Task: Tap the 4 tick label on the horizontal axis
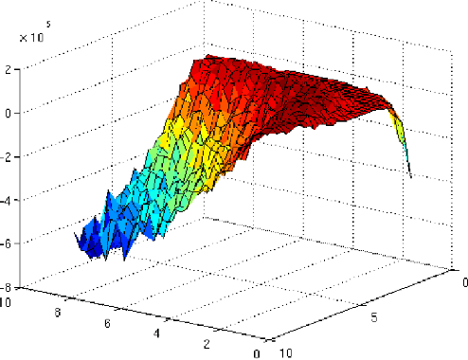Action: pos(156,335)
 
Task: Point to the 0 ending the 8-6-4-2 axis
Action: pos(256,353)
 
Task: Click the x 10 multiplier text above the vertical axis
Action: pos(31,38)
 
